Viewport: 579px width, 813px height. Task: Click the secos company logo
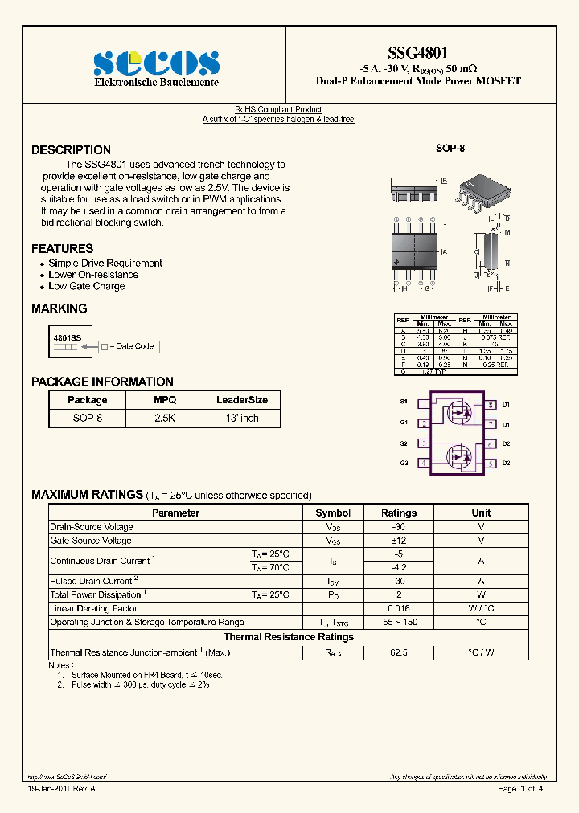click(156, 63)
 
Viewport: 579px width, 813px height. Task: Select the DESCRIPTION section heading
click(71, 150)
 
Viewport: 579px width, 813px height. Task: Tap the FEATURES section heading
click(62, 249)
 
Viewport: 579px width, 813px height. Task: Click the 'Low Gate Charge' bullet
click(86, 286)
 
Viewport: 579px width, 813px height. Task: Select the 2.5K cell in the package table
click(165, 418)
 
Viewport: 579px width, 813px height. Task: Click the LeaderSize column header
click(242, 400)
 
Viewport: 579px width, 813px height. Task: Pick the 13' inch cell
click(242, 418)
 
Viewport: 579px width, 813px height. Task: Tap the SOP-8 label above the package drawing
click(450, 149)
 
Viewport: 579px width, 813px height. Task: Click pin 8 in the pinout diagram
click(490, 404)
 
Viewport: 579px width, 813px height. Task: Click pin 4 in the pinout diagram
click(423, 463)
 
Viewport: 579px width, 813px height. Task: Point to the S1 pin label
click(404, 402)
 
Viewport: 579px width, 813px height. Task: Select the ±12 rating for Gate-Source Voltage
click(399, 541)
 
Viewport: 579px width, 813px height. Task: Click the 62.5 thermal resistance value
click(399, 653)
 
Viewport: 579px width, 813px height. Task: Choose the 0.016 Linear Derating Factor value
click(399, 608)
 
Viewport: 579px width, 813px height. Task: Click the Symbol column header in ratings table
click(333, 513)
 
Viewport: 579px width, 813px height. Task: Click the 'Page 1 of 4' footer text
click(520, 789)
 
